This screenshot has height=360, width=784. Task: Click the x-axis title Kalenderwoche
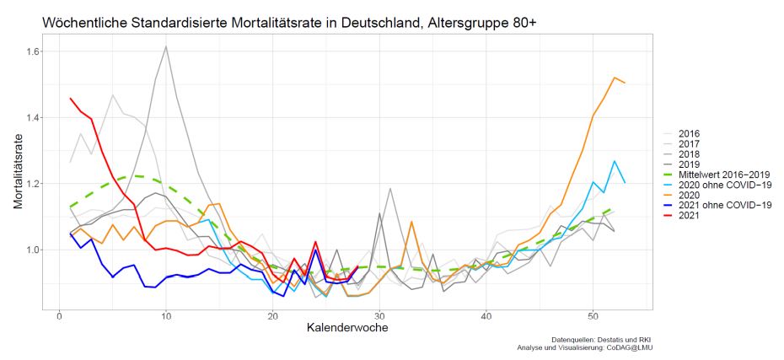click(346, 328)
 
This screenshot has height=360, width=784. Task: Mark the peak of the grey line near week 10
click(166, 46)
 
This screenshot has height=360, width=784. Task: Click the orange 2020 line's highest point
click(615, 78)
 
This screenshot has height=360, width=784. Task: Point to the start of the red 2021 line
click(70, 99)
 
